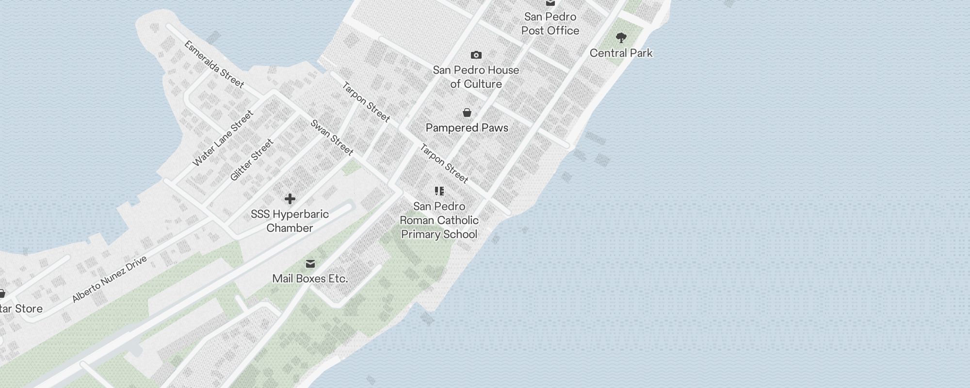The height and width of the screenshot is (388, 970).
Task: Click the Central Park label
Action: point(621,53)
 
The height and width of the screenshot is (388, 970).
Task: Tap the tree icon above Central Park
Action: point(621,37)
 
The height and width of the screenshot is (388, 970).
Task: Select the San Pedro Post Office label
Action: point(550,23)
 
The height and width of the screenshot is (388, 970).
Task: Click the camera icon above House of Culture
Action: point(476,55)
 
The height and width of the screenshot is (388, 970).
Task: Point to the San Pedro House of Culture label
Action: point(476,77)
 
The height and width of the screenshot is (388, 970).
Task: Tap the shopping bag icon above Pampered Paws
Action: point(467,113)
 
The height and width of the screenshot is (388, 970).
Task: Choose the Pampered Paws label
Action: point(467,128)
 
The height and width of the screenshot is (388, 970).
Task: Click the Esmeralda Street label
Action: point(214,64)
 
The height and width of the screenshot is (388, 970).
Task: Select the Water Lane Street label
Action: point(223,138)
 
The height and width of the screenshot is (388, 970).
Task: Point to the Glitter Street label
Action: point(252,160)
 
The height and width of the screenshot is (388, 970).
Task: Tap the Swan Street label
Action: point(332,138)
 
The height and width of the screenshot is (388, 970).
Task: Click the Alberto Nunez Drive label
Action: point(109,279)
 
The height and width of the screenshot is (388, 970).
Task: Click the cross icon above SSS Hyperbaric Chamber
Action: point(290,199)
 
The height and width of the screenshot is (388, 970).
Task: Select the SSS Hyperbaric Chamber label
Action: point(290,221)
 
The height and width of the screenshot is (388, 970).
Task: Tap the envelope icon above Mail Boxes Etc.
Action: point(310,264)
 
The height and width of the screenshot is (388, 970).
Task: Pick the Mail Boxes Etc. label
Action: point(310,278)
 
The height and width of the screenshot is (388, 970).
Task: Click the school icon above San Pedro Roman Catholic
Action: point(439,191)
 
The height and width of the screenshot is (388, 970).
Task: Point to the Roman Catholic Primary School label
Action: point(439,220)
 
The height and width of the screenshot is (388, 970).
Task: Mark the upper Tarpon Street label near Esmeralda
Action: point(366,102)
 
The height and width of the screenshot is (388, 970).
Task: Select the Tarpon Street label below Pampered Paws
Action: point(444,163)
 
